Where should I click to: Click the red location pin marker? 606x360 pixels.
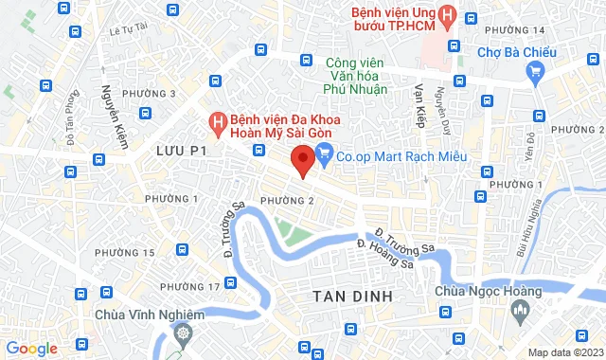point(302,159)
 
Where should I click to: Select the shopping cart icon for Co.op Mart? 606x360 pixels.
point(324,152)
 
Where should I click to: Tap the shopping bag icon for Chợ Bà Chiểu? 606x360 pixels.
point(535,69)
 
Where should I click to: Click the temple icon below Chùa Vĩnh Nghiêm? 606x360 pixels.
point(182,333)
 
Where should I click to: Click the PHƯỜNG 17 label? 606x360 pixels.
point(189,286)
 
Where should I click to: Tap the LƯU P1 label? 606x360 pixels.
point(181,151)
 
